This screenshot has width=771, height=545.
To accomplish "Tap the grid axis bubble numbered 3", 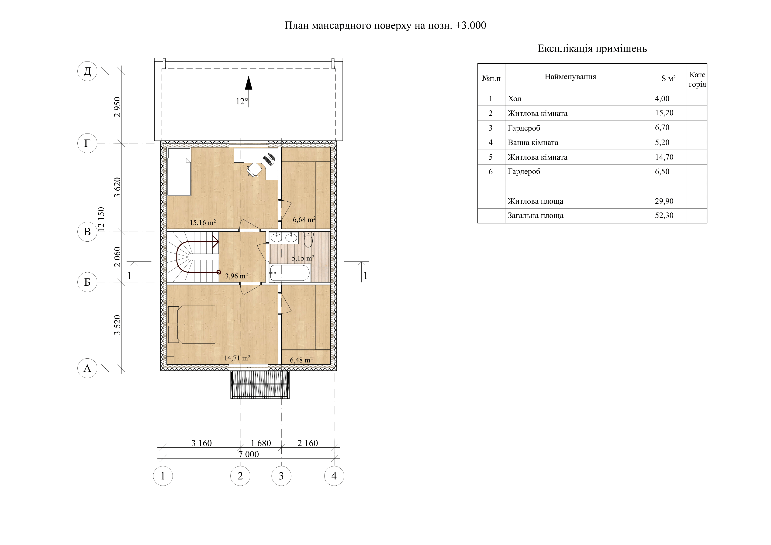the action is (x=281, y=476).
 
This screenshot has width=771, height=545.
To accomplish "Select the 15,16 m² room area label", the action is (x=203, y=222).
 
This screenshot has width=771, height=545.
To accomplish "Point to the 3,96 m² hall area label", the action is (x=236, y=276).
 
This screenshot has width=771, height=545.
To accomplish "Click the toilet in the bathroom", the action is (x=308, y=239).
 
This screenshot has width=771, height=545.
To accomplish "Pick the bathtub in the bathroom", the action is (x=290, y=273).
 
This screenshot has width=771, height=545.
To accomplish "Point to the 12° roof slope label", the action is (x=242, y=101).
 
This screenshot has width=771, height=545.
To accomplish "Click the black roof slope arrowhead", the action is (x=249, y=83).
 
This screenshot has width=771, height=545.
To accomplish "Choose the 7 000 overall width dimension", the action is (x=249, y=454).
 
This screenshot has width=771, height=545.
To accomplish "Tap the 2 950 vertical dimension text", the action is (x=117, y=107).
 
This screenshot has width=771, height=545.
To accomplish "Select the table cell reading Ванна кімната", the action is (x=533, y=143).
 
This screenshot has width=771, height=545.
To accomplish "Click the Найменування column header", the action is (x=570, y=77).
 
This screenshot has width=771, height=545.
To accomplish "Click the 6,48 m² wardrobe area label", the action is (x=301, y=360).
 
